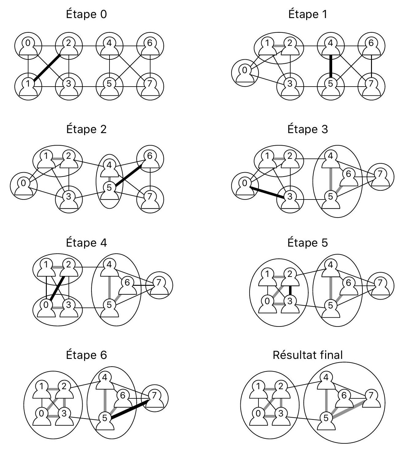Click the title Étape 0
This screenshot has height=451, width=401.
click(87, 14)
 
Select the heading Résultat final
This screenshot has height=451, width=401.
click(307, 355)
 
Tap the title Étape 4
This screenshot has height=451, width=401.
click(87, 243)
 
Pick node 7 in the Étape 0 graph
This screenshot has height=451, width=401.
click(150, 86)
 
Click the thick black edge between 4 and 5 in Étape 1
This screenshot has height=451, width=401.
click(330, 64)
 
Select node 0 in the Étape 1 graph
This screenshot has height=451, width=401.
click(245, 73)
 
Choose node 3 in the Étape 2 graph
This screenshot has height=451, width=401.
click(69, 199)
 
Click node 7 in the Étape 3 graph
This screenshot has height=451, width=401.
click(380, 177)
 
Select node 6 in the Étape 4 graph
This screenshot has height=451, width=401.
click(127, 285)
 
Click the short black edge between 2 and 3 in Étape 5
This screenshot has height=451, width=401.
click(290, 290)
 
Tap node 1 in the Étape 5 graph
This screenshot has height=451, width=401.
click(268, 276)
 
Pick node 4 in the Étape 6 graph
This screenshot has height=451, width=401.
click(105, 380)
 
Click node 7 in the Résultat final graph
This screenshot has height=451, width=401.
click(371, 398)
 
